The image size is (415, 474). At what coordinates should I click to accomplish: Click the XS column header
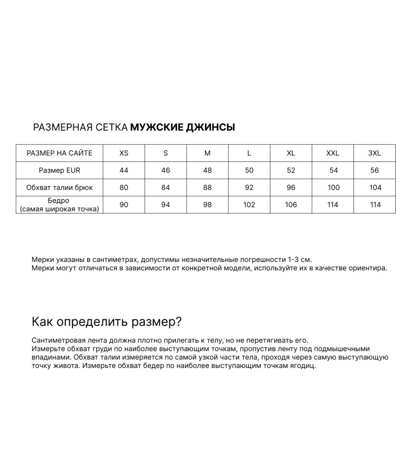pos(124,153)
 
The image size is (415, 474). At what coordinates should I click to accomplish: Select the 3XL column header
pos(374,153)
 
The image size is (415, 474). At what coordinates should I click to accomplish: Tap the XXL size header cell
pos(332,153)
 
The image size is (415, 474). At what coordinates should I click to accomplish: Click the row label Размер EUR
pos(60,171)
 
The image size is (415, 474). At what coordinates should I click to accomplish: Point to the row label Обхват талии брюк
pos(60,188)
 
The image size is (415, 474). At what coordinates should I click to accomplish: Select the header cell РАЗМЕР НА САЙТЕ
pos(60,153)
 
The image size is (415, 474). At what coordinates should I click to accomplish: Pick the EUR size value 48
pos(207,171)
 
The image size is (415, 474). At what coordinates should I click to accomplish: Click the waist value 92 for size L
pos(249,188)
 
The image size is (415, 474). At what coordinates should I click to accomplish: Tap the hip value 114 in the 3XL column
pos(375,205)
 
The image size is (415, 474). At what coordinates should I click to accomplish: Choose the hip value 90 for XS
pos(124,205)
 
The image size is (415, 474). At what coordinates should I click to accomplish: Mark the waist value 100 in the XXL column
pos(333,188)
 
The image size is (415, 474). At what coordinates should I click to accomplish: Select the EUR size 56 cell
pos(374,171)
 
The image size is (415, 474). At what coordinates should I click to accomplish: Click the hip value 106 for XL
pos(291,205)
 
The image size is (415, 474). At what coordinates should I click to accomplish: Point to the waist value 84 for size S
pos(166,188)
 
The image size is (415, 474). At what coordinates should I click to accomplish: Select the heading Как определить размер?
pos(106,322)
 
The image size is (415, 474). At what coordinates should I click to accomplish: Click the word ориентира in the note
pos(368,268)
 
